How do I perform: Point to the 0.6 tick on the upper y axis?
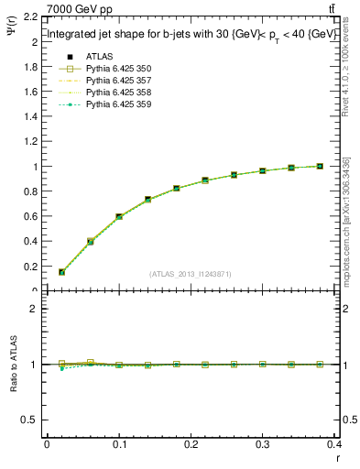point(31,217)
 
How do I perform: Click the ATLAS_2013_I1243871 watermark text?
point(190,274)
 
